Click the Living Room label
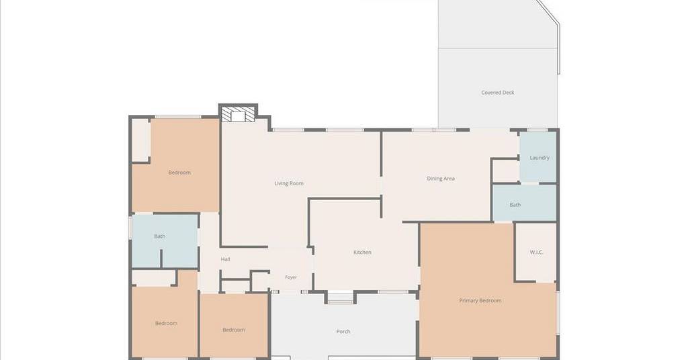click(x=289, y=183)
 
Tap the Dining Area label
click(x=441, y=179)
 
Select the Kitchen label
click(x=362, y=252)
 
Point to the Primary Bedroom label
click(x=480, y=300)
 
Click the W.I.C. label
click(x=537, y=252)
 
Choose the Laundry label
click(x=540, y=157)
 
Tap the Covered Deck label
click(x=498, y=93)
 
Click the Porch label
click(x=343, y=332)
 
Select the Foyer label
click(x=291, y=277)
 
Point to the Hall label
click(x=226, y=259)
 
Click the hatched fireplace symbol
click(x=238, y=115)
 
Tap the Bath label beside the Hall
click(x=160, y=236)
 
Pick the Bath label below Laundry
click(x=515, y=205)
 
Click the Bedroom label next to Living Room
click(x=179, y=173)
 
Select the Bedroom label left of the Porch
click(x=233, y=330)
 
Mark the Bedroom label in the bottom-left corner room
click(x=167, y=323)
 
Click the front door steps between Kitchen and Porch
click(x=341, y=298)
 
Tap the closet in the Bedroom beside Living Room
click(x=141, y=140)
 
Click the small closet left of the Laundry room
click(x=505, y=171)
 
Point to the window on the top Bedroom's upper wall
click(x=177, y=117)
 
